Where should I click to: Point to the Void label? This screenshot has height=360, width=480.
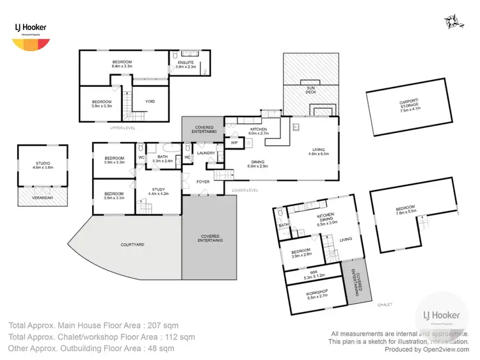point(150,101)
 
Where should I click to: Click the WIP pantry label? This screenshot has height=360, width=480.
point(234,143)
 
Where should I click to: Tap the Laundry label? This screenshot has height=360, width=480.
point(206,153)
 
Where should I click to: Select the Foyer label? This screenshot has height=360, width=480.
point(204,182)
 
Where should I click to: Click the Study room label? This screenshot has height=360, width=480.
point(158,191)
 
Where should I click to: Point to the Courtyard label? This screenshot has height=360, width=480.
point(132,244)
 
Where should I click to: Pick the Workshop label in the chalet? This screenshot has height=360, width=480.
point(317,295)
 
